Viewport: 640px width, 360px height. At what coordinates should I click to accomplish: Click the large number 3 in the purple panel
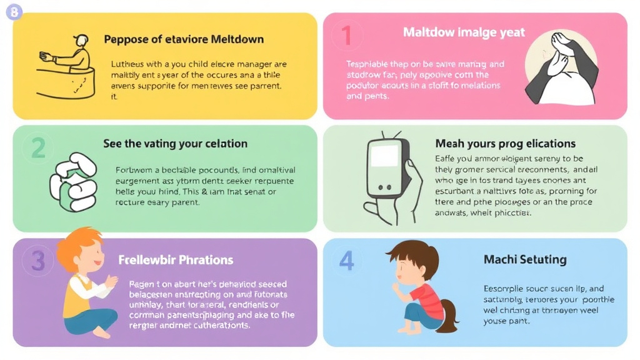pyautogui.click(x=38, y=261)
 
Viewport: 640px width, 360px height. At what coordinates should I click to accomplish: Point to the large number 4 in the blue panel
pyautogui.click(x=347, y=260)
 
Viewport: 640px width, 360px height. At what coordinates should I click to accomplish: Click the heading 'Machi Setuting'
pyautogui.click(x=525, y=259)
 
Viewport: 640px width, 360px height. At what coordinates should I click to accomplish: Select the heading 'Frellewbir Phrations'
pyautogui.click(x=176, y=259)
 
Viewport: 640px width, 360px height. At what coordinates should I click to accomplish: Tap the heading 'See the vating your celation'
pyautogui.click(x=175, y=144)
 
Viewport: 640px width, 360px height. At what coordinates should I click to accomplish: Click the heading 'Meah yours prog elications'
pyautogui.click(x=505, y=144)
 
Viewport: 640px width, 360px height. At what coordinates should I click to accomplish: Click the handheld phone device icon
pyautogui.click(x=387, y=175)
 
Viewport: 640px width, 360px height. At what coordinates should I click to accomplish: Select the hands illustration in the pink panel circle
pyautogui.click(x=559, y=69)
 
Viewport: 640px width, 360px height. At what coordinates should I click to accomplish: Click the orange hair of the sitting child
pyautogui.click(x=78, y=247)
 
